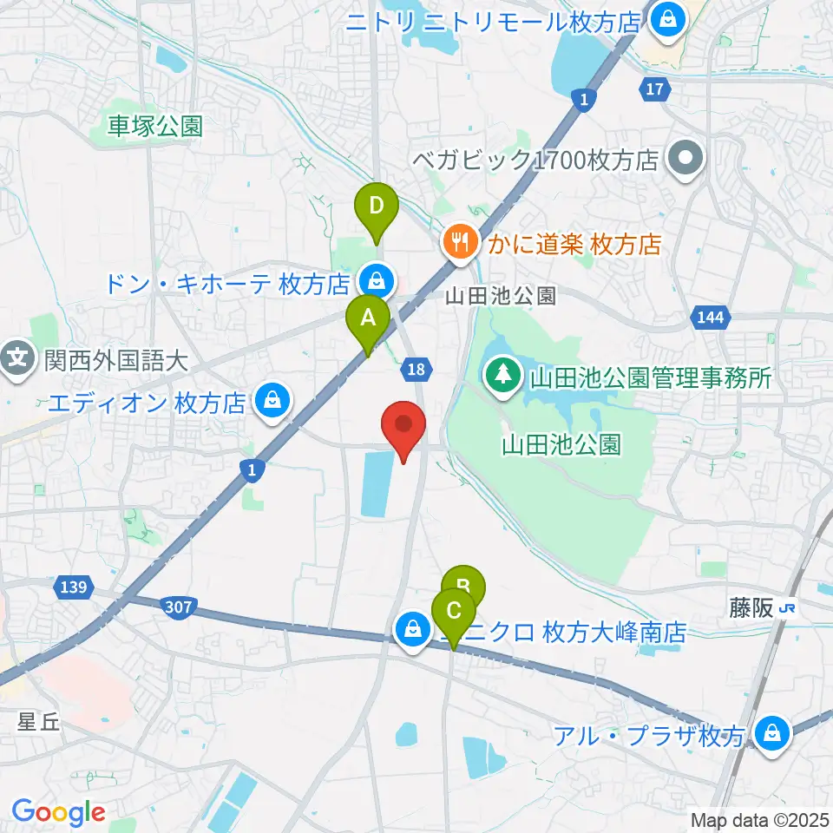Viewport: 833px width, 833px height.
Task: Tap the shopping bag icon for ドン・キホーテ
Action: [x=376, y=280]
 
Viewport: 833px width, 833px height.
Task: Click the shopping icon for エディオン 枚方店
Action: [x=272, y=401]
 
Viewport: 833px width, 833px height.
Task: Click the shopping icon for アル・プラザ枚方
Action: [x=769, y=733]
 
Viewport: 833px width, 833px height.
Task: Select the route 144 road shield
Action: [x=710, y=318]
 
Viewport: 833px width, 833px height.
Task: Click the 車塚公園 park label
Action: [x=155, y=127]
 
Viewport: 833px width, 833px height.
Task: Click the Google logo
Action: [x=58, y=812]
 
